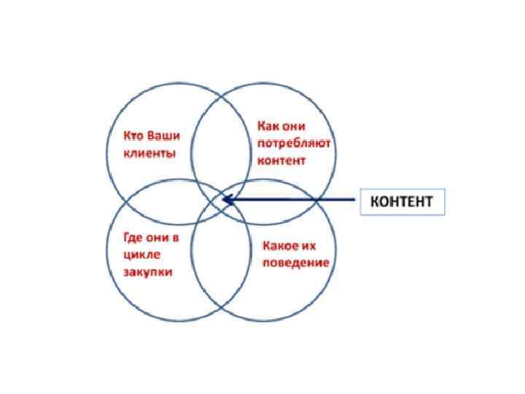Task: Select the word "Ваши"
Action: pos(164,136)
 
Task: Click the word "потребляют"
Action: pos(294,143)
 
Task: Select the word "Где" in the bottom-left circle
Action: pos(134,238)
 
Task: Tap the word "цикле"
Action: pos(141,255)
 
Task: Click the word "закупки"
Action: pos(148,272)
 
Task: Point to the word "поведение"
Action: pos(295,263)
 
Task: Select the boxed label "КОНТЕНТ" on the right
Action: pos(402,201)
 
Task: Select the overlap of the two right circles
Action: pos(281,201)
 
